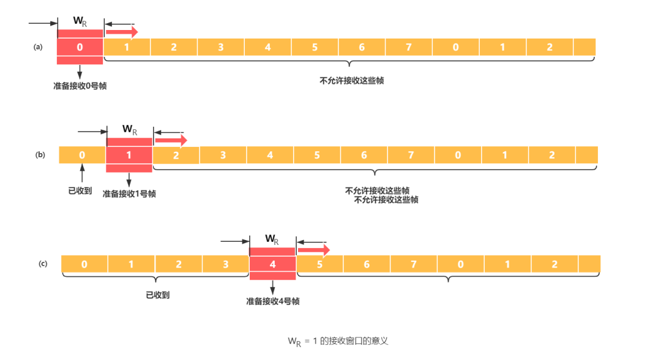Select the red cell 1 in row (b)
pyautogui.click(x=129, y=155)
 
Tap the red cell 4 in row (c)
pyautogui.click(x=272, y=264)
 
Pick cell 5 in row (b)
pyautogui.click(x=317, y=155)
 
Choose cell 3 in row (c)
pyautogui.click(x=225, y=264)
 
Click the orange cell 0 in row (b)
pyautogui.click(x=82, y=155)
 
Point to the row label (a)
pyautogui.click(x=38, y=47)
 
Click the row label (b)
pyautogui.click(x=40, y=155)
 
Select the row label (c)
pyautogui.click(x=43, y=264)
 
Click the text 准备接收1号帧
pyautogui.click(x=129, y=193)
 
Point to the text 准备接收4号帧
pyautogui.click(x=273, y=301)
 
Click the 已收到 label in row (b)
pyautogui.click(x=80, y=190)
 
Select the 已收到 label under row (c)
pyautogui.click(x=158, y=294)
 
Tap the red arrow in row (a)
pyautogui.click(x=122, y=31)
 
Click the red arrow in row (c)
pyautogui.click(x=313, y=250)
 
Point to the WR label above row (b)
pyautogui.click(x=130, y=129)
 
